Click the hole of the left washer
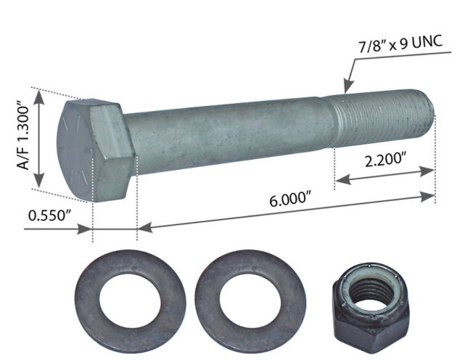pyautogui.click(x=130, y=300)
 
